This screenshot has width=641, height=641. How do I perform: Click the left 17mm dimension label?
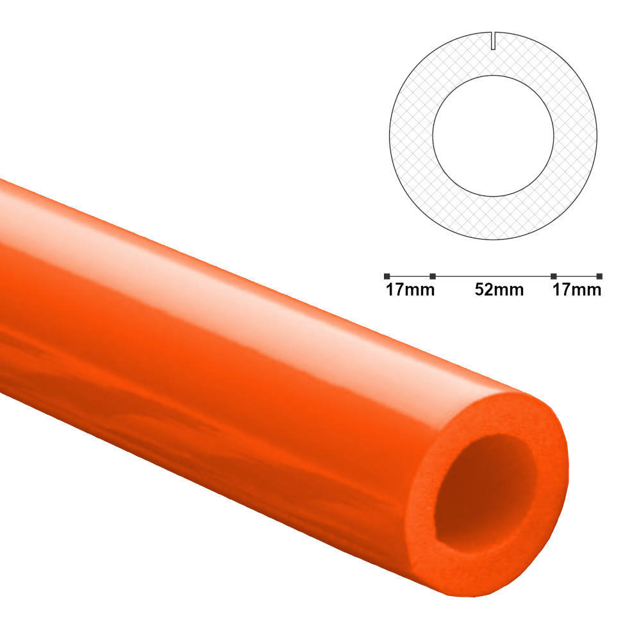coord(410,290)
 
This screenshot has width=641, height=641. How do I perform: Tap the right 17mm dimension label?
coord(577,290)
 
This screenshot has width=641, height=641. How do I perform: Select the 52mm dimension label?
coord(499,290)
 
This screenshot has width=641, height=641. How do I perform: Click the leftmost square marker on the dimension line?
coord(387,276)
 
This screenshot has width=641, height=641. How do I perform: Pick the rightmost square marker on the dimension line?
coord(599,276)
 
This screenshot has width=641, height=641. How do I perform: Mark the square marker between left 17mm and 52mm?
coord(433,276)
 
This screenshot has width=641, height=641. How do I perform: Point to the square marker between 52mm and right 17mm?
coord(553,276)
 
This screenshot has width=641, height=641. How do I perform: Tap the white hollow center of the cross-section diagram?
coord(494,135)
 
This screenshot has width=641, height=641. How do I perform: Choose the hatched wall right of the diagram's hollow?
coord(576,135)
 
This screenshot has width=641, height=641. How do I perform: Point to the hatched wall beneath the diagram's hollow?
coord(494,218)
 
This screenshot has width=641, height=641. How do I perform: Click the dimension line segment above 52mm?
coord(493,276)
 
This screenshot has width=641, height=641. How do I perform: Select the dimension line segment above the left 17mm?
coord(410,276)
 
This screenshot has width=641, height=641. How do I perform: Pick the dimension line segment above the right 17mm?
coord(576,276)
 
